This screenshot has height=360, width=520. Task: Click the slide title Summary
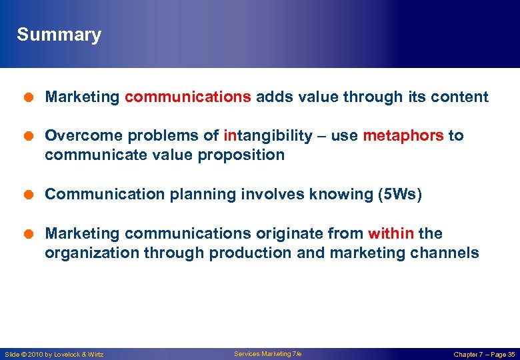59,35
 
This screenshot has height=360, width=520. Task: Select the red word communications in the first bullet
187,97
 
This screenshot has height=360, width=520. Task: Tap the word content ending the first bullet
460,97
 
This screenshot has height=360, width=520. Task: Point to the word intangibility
268,136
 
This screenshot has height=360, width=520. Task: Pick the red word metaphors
403,136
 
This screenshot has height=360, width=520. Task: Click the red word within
391,234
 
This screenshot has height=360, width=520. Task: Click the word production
246,253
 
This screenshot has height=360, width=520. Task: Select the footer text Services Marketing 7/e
267,354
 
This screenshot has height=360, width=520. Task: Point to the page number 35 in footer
511,355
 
